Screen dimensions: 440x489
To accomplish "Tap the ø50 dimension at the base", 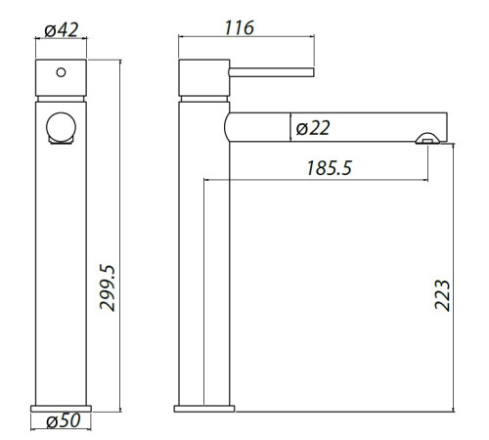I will point(63,422).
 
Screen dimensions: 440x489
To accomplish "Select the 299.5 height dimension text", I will point(109,284).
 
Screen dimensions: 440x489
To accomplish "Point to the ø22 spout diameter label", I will point(313,127).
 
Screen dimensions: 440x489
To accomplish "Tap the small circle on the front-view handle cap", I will point(61,72).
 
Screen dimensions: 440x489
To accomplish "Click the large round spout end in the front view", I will point(62,129).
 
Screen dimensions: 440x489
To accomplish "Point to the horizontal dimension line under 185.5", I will point(313,180).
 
